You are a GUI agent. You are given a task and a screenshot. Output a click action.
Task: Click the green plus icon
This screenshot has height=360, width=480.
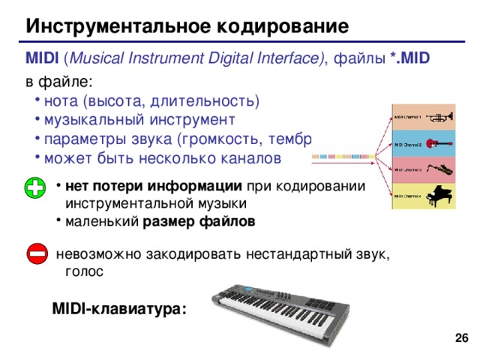[34, 188]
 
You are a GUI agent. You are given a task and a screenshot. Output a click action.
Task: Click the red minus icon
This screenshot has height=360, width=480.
[34, 254]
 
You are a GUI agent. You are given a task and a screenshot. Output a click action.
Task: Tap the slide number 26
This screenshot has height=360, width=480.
[462, 340]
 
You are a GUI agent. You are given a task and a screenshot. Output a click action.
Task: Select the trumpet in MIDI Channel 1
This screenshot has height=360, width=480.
[442, 116]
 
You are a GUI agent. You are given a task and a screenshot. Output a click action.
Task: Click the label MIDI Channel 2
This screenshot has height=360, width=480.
[408, 144]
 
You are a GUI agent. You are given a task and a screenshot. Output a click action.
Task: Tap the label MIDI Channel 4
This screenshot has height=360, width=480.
[408, 197]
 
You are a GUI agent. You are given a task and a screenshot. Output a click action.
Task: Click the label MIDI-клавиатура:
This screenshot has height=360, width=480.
[119, 309]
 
